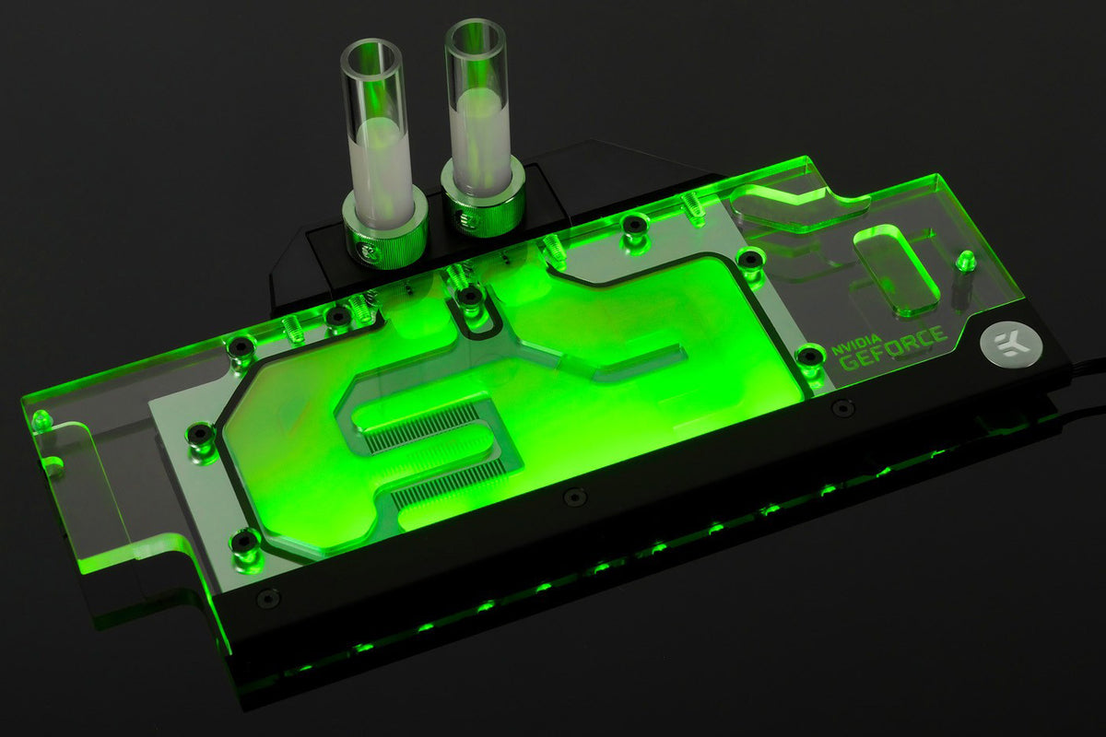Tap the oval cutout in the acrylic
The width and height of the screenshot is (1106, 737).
tap(897, 267)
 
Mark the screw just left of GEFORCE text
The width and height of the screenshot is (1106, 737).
tap(808, 355)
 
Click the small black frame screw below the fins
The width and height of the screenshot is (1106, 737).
tap(574, 497)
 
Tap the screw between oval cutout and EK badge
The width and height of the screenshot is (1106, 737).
tap(965, 261)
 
